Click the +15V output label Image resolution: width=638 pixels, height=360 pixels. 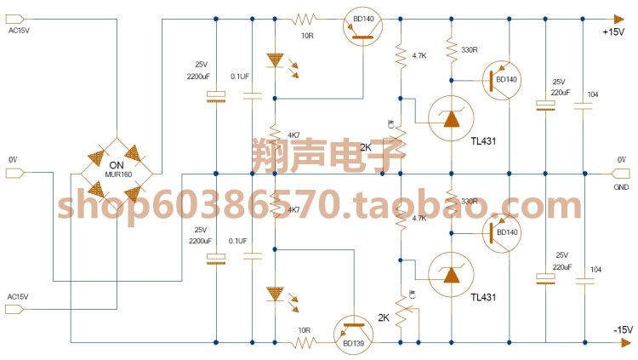tap(613, 32)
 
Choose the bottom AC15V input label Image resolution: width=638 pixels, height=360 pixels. tap(18, 296)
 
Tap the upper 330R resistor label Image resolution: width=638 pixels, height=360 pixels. tap(469, 50)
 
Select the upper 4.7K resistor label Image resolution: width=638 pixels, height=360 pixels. tap(419, 55)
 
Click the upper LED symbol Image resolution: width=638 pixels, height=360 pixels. tap(275, 60)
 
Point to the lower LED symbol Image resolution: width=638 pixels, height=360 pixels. tap(275, 295)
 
